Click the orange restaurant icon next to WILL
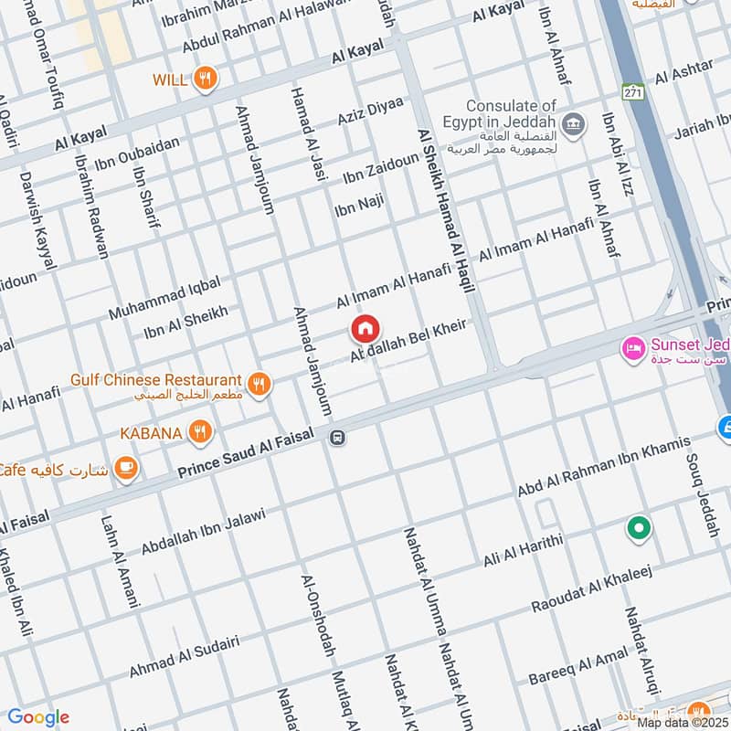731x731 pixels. click(x=207, y=79)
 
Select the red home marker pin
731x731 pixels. click(x=365, y=328)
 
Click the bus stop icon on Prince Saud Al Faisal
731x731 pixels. click(x=337, y=438)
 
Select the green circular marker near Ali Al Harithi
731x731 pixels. click(x=638, y=527)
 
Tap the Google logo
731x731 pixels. click(x=38, y=716)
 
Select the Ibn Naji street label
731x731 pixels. click(x=358, y=206)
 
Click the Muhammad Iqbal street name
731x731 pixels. click(x=164, y=298)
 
